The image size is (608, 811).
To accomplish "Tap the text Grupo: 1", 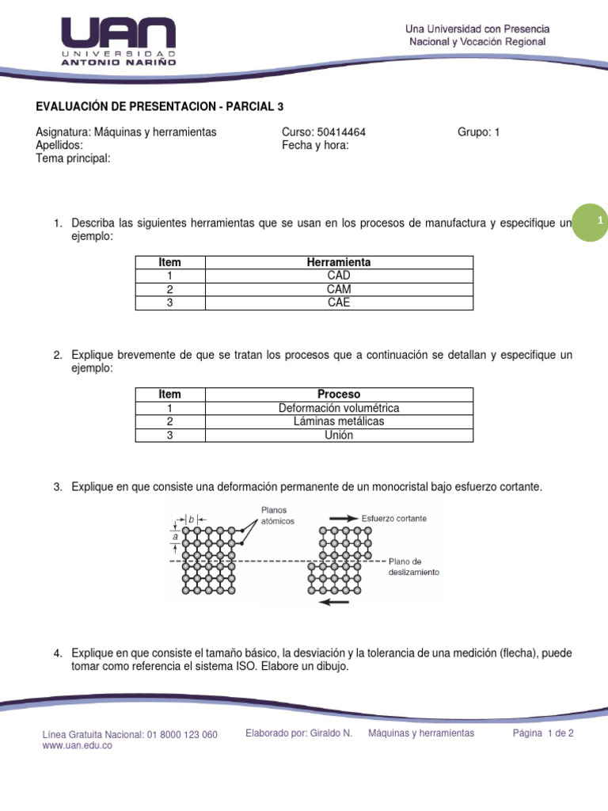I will coord(478,132).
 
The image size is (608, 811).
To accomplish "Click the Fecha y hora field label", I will coord(315,145).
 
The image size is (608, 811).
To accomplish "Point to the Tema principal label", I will coord(73,158).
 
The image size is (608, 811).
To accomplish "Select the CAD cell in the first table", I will coord(338,276).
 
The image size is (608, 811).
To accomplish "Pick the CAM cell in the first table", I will coord(338,289).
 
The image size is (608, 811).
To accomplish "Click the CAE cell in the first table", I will coord(338,303).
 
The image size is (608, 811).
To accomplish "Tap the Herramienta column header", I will coord(338,262).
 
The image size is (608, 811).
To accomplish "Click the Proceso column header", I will coord(338,394).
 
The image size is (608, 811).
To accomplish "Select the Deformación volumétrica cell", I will coord(338,408).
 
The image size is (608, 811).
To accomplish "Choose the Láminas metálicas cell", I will coord(338,421).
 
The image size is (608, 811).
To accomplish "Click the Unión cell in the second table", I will coord(338,435).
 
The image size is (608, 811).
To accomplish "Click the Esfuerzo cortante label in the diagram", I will coord(393,518).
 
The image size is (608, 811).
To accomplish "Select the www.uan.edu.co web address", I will coord(77,746).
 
